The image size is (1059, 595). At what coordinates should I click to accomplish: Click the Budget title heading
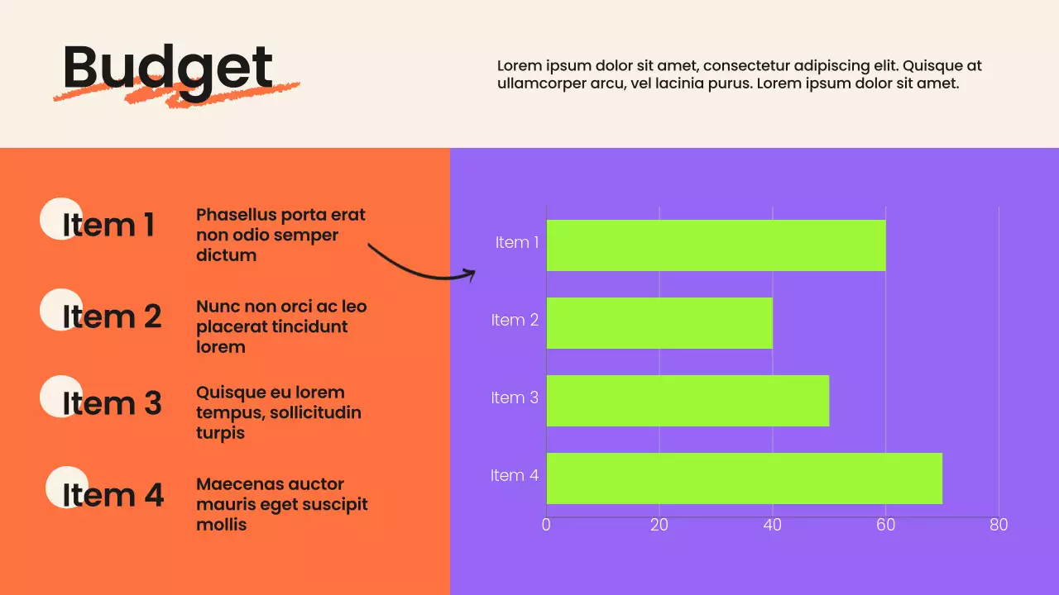pyautogui.click(x=167, y=68)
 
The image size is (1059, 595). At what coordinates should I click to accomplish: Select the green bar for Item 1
pyautogui.click(x=716, y=245)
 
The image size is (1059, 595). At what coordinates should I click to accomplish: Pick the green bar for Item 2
pyautogui.click(x=659, y=323)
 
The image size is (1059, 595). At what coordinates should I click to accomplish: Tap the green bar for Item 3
pyautogui.click(x=688, y=401)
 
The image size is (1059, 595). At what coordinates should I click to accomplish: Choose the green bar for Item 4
pyautogui.click(x=744, y=478)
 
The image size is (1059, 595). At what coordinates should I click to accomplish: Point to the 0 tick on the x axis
pyautogui.click(x=546, y=525)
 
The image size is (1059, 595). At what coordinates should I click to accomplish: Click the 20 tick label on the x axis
pyautogui.click(x=659, y=525)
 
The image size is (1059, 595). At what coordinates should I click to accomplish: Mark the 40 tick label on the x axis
pyautogui.click(x=773, y=525)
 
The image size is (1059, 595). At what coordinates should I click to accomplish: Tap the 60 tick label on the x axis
pyautogui.click(x=886, y=525)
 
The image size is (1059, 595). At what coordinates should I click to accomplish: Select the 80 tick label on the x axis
pyautogui.click(x=999, y=525)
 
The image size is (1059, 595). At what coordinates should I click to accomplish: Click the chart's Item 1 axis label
pyautogui.click(x=517, y=242)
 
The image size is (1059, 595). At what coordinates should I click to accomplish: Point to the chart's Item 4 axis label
pyautogui.click(x=515, y=475)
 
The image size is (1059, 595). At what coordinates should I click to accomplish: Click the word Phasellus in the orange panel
pyautogui.click(x=236, y=215)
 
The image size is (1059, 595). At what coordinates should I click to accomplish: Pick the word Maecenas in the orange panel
pyautogui.click(x=235, y=484)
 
